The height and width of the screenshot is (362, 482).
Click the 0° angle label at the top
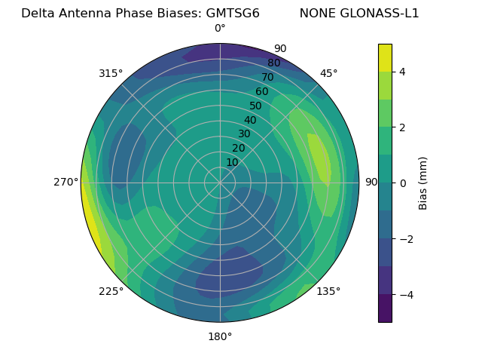pos(220,29)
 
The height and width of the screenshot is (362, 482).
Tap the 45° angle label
pos(328,73)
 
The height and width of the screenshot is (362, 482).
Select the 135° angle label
pos(328,291)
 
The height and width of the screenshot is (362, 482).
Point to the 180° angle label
pos(220,336)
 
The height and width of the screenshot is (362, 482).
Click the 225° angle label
pos(111,291)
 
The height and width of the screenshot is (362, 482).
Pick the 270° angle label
pos(66,182)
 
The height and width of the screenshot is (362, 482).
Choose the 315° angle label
pos(111,73)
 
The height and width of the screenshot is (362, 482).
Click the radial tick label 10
pos(232,162)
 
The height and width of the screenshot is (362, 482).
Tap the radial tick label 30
pos(244,134)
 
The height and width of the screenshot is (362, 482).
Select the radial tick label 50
pos(255,106)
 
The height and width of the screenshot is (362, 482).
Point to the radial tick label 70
pos(267,78)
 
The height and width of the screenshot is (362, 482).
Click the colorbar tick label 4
pos(402,72)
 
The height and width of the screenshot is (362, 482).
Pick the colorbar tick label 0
pos(402,183)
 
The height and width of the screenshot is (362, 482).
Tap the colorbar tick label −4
pos(404,295)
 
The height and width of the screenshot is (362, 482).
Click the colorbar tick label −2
pos(404,239)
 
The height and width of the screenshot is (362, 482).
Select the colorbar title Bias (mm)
pos(423,183)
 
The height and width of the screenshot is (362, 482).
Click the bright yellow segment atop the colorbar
pos(385,57)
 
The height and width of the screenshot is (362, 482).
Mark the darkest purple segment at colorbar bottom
pos(385,308)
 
